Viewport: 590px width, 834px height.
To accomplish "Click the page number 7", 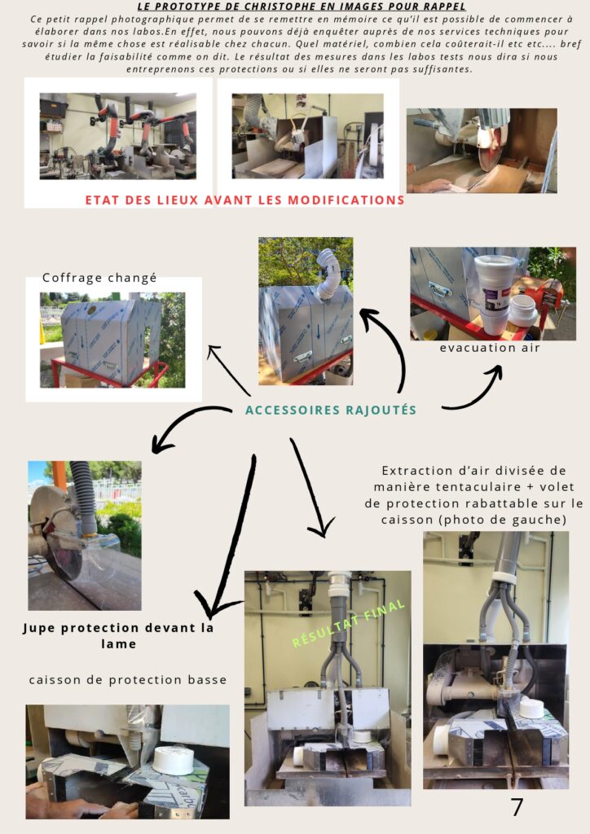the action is point(517,806).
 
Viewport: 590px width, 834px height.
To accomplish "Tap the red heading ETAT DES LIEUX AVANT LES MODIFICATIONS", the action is point(244,200).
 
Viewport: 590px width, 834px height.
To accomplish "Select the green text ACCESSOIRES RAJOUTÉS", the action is point(330,410).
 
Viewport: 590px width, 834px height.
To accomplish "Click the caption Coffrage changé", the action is point(99,279).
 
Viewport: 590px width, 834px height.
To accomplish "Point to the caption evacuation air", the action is point(490,348).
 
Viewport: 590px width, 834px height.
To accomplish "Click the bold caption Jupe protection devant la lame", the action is point(118,635).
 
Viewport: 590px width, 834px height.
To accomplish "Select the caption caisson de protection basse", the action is point(128,680).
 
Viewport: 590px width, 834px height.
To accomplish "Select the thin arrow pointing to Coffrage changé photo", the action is point(229,371).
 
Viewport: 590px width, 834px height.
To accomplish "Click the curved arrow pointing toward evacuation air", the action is point(473,391).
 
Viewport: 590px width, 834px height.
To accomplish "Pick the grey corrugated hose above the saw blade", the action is point(84,498).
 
